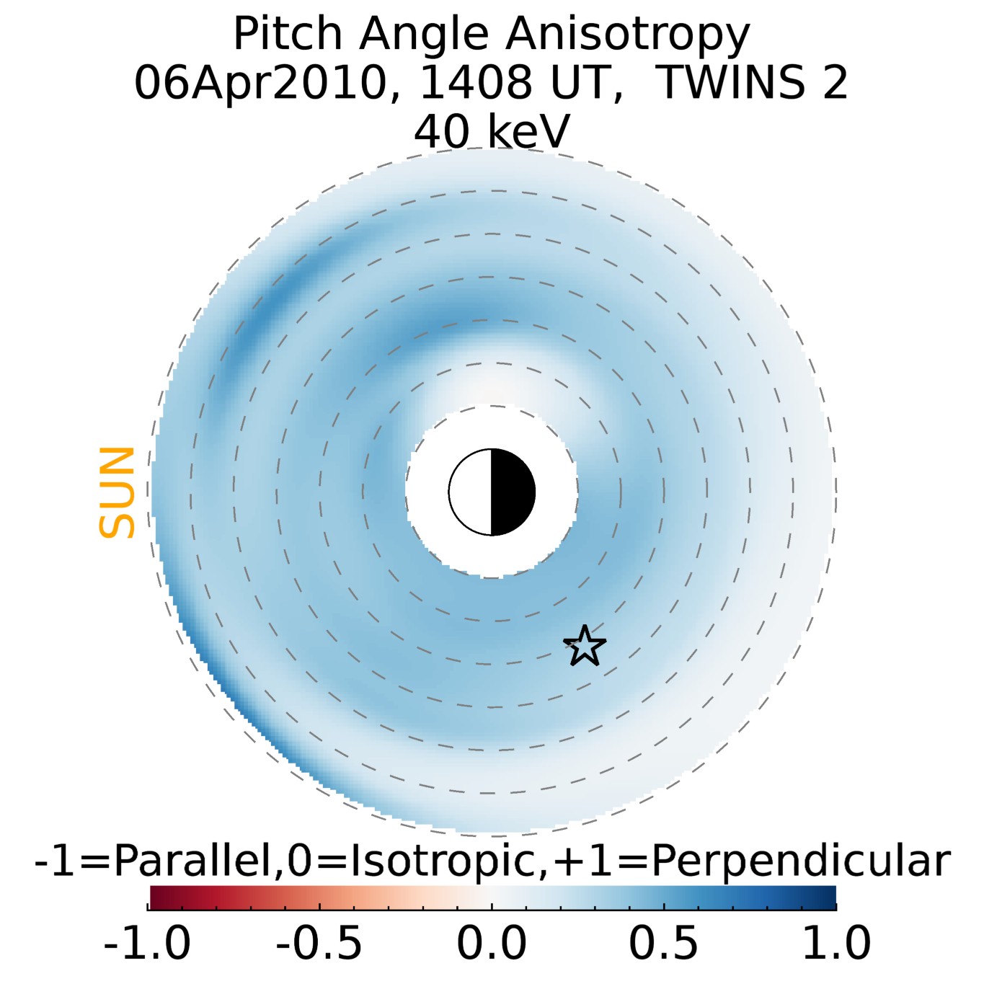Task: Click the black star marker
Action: click(585, 645)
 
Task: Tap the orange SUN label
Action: click(117, 492)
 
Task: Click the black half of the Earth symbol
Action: click(513, 492)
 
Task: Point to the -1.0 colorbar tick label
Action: click(148, 943)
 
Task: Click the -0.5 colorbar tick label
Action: click(319, 943)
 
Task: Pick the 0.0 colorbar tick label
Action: click(492, 943)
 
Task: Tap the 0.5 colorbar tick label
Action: click(663, 943)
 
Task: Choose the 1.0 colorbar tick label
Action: click(836, 943)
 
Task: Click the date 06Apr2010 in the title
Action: click(258, 83)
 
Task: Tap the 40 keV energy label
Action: click(492, 132)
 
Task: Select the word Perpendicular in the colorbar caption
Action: click(800, 861)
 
